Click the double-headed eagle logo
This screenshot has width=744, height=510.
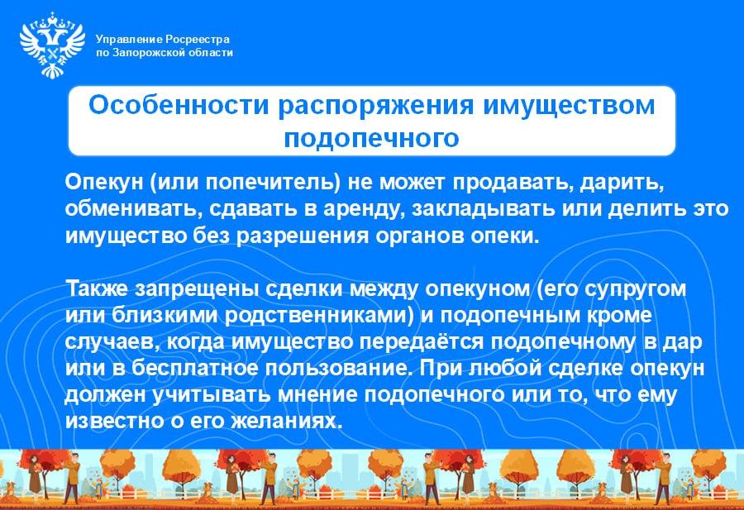(51, 45)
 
